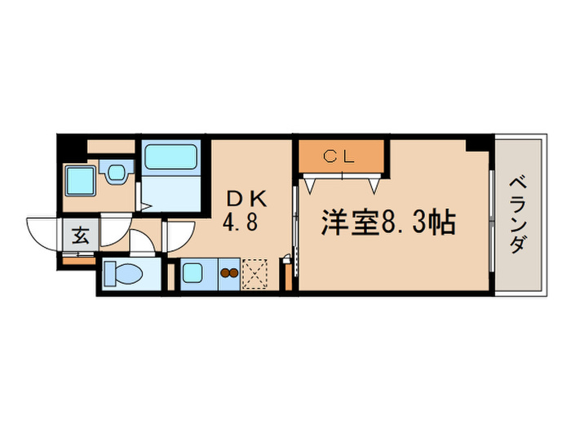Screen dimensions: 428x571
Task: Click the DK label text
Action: (x=246, y=198)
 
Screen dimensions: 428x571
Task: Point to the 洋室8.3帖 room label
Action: (x=387, y=223)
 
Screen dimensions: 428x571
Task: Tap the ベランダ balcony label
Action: (x=519, y=214)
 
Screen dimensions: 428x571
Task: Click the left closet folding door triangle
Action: (x=312, y=184)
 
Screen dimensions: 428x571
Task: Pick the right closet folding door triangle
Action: (x=374, y=184)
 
